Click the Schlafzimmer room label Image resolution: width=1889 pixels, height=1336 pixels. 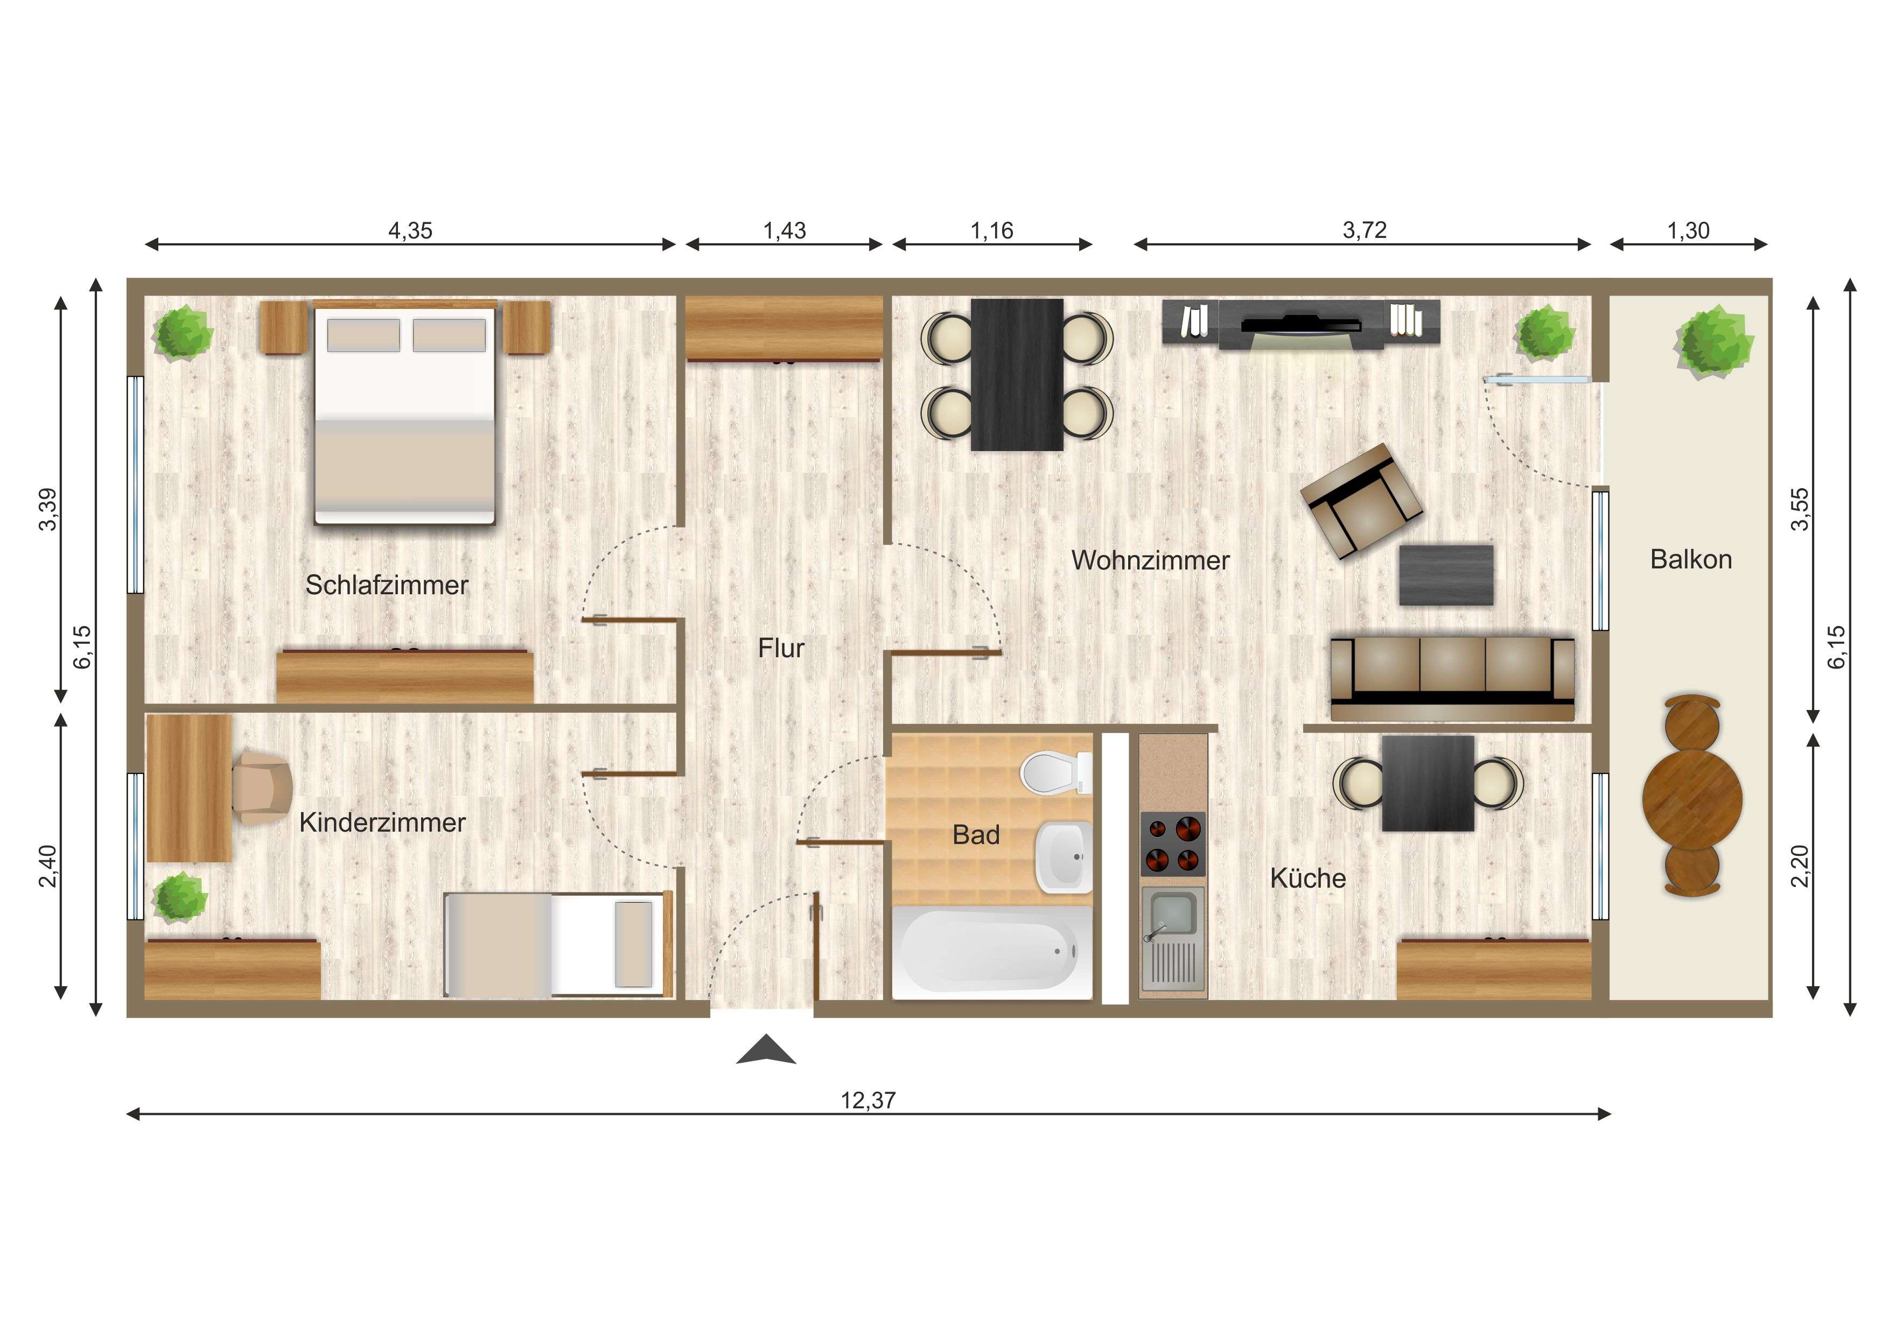click(386, 585)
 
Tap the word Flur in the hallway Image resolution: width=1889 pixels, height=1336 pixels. click(781, 648)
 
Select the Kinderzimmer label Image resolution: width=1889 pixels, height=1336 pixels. click(382, 822)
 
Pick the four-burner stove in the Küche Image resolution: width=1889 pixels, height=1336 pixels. click(1172, 843)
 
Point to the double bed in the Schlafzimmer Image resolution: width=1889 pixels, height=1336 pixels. click(405, 416)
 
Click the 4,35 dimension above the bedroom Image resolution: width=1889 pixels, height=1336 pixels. click(410, 231)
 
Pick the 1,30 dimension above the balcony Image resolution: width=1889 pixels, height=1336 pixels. click(1688, 231)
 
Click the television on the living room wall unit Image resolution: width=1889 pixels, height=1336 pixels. click(1300, 324)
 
